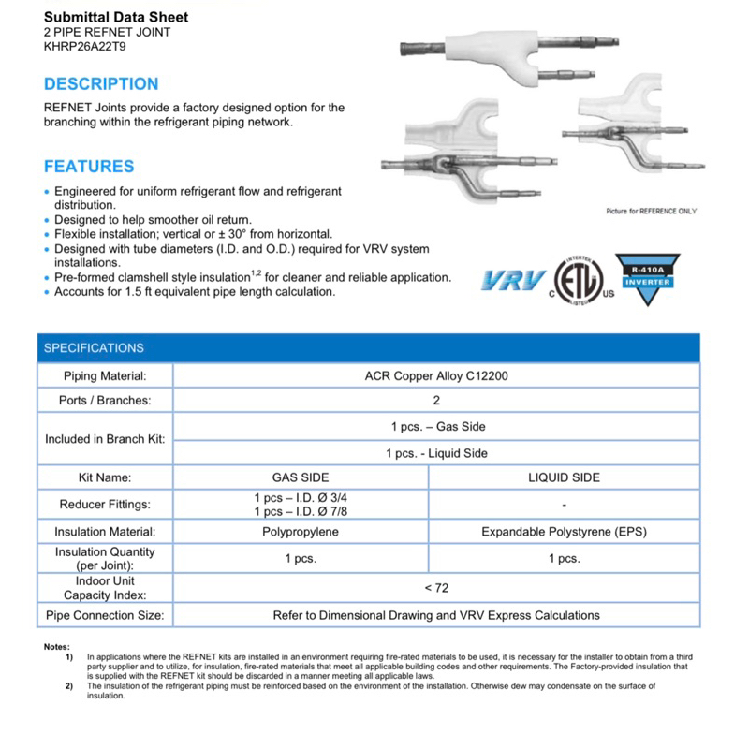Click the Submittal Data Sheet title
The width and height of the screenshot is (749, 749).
pos(116,17)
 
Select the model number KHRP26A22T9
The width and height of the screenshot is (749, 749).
pos(83,45)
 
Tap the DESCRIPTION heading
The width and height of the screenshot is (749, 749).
pos(101,83)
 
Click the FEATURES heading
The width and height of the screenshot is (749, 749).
pos(89,167)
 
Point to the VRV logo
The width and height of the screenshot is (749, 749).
pos(513,279)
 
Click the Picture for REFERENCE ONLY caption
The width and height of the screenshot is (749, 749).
pos(651,212)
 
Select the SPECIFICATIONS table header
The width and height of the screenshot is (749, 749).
pos(94,348)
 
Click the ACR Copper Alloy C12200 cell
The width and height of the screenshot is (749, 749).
pos(437,376)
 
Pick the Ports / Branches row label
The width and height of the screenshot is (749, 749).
pos(105,400)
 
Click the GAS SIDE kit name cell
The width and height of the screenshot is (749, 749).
pos(301,477)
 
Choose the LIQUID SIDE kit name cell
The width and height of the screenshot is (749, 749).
pos(564,477)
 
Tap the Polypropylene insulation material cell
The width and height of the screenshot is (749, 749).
pos(301,532)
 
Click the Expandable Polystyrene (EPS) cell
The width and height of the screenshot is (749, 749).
pos(564,532)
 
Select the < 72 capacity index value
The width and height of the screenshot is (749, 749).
pos(436,587)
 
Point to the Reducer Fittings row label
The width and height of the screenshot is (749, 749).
pos(105,504)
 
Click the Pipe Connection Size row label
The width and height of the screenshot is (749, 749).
pos(105,615)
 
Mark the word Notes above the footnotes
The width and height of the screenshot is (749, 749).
pos(56,647)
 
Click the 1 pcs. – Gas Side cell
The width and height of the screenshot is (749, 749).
pos(437,427)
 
